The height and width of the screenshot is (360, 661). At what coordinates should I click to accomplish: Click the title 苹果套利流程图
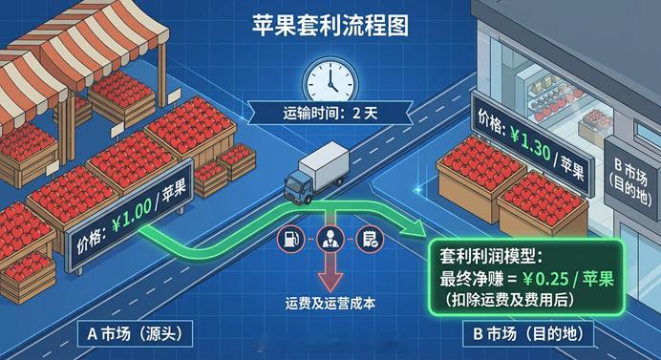(x=330, y=25)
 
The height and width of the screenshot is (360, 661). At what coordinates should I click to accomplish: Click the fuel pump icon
(x=288, y=239)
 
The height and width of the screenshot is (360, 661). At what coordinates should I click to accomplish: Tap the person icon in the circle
(x=328, y=239)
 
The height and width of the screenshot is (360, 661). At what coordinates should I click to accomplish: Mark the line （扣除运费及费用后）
(x=516, y=301)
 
